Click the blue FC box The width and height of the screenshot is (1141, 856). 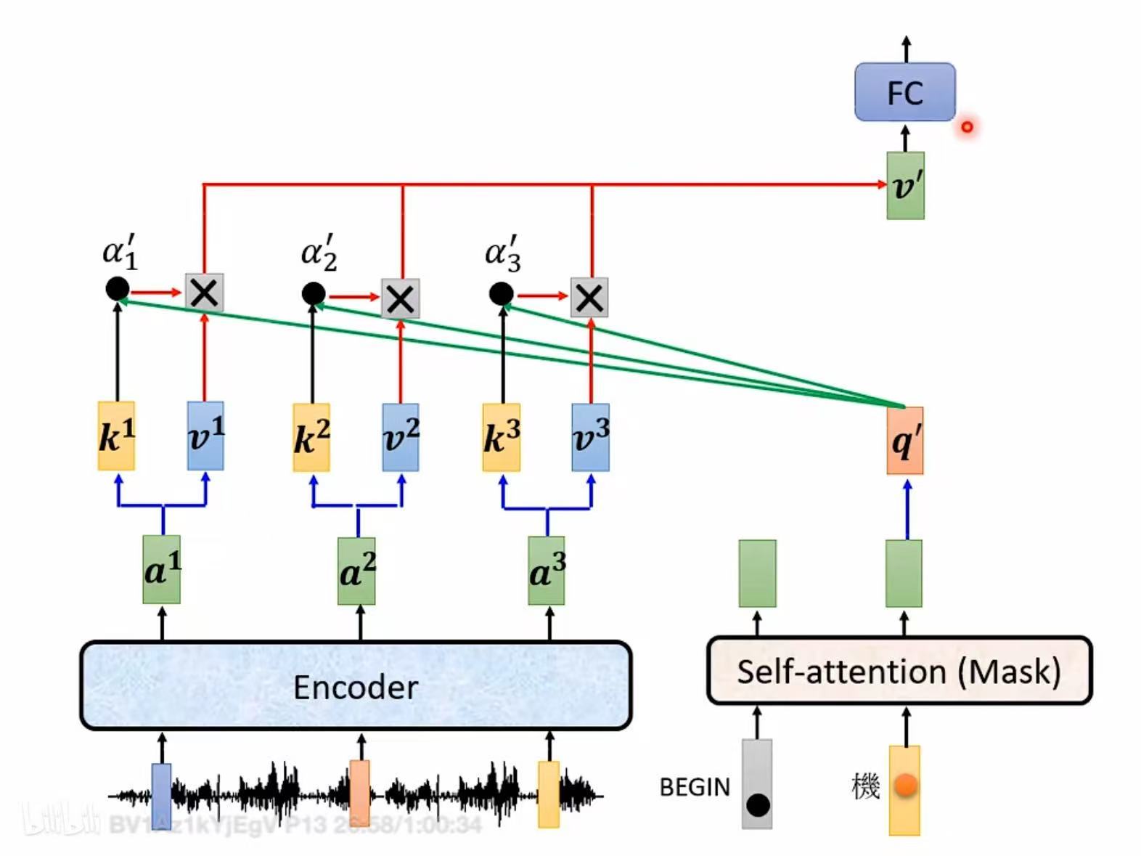pos(904,92)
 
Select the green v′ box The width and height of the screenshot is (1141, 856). pos(905,186)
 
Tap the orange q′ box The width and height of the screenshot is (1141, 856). pos(905,441)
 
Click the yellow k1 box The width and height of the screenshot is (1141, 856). pos(116,436)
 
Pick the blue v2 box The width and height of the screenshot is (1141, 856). pos(401,438)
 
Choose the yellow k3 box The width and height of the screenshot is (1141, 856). pos(502,438)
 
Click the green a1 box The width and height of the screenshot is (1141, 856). pos(162,570)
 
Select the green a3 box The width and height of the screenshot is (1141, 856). pos(547,571)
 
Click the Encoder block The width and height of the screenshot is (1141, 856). pos(356,686)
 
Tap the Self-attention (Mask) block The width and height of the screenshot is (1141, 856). pos(899,671)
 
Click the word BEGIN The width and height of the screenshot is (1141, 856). pos(695,787)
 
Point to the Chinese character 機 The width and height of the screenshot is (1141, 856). pos(866,786)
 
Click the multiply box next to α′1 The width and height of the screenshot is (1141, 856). pos(205,293)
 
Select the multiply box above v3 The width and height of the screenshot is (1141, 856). pos(589,298)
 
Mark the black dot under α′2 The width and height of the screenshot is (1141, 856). pos(314,294)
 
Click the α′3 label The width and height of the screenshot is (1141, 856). pos(502,253)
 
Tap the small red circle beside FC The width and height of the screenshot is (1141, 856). pos(967,127)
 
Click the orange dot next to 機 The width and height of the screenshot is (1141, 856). pos(905,785)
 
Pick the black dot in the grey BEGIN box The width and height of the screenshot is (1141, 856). pos(758,804)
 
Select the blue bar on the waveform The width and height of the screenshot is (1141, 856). pos(162,795)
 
